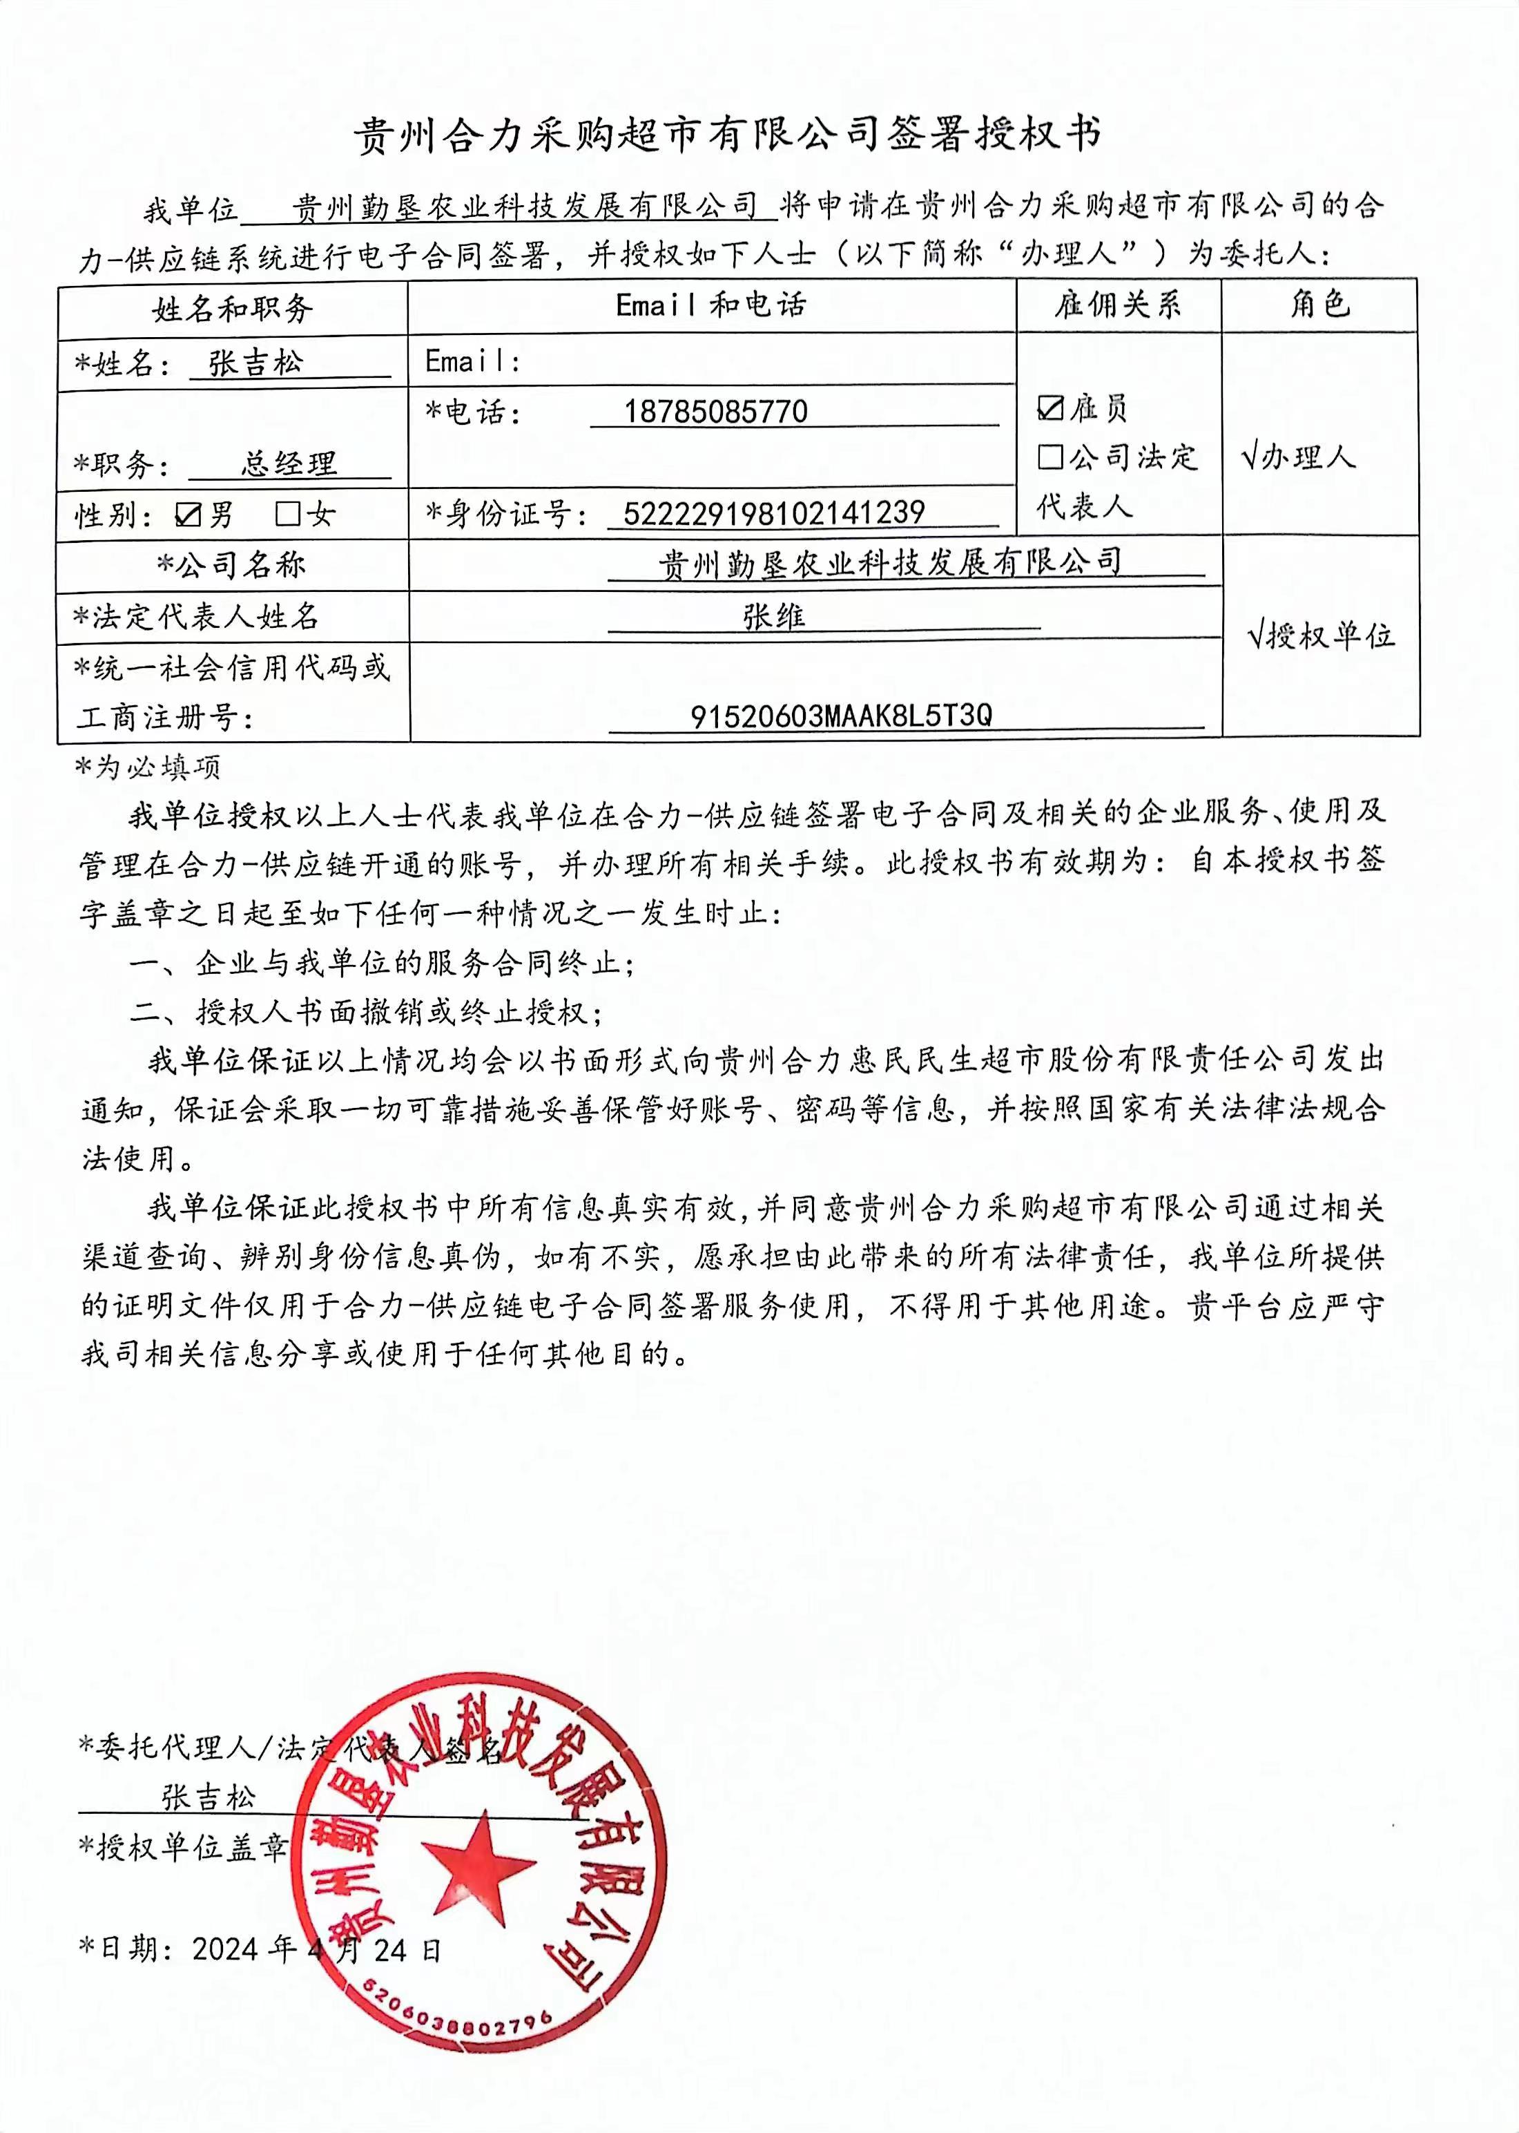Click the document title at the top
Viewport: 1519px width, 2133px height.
[x=727, y=135]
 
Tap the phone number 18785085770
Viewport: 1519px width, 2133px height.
[x=715, y=412]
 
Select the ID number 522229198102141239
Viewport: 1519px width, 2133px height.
[x=773, y=513]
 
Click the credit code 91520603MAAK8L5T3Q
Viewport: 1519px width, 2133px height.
[x=841, y=716]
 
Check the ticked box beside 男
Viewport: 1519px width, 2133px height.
[x=188, y=515]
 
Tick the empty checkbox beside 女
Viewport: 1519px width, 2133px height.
[x=287, y=514]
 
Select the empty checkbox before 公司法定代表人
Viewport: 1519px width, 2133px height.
[x=1050, y=457]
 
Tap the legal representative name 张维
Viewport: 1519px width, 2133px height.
[x=773, y=617]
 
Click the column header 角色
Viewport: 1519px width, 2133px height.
[x=1319, y=304]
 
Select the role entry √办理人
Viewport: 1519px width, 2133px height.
[x=1297, y=457]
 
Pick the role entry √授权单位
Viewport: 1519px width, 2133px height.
[x=1321, y=636]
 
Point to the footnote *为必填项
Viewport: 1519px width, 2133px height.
[x=148, y=768]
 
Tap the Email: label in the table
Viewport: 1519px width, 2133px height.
[x=472, y=361]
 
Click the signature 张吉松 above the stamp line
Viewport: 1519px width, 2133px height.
[x=208, y=1796]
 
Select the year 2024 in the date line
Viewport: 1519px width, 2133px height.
[x=224, y=1949]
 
